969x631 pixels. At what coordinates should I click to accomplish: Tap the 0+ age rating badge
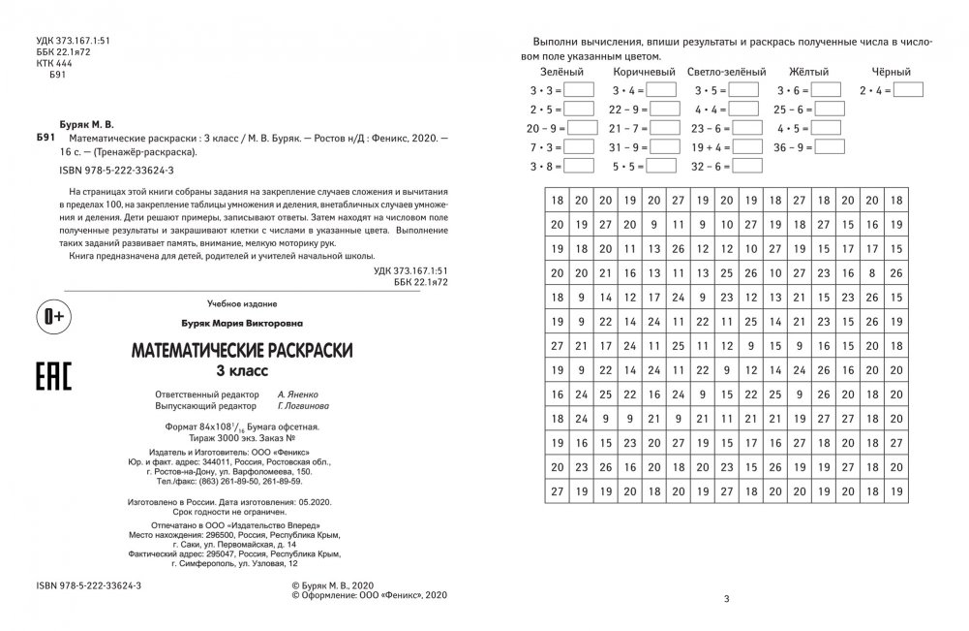(55, 318)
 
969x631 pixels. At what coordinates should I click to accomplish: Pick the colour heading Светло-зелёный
(725, 72)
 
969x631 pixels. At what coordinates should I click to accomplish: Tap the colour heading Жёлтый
(807, 72)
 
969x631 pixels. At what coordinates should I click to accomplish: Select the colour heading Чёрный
(891, 72)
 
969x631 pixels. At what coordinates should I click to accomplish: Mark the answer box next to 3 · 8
(578, 167)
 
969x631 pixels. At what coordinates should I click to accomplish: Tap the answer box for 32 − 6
(746, 167)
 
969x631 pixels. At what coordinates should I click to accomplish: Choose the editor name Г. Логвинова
(305, 407)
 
